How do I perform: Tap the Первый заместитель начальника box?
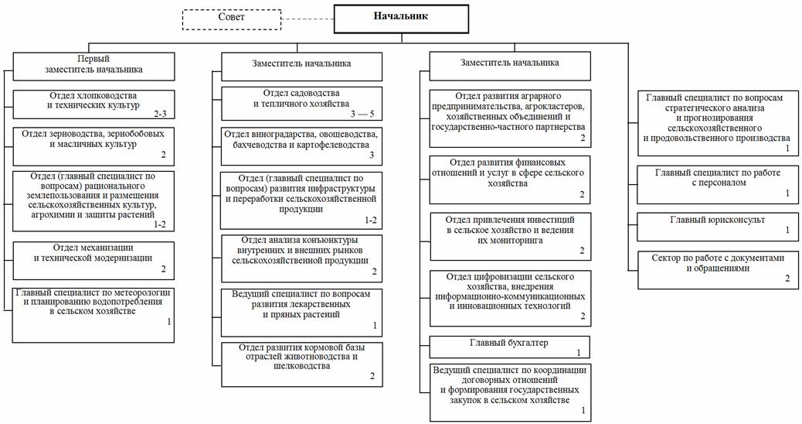coord(93,64)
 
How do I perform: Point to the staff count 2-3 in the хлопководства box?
coord(160,114)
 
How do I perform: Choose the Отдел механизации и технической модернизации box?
coord(93,258)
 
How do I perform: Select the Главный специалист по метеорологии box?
coord(93,313)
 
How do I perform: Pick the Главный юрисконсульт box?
coord(718,225)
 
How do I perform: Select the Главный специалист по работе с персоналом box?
coord(718,183)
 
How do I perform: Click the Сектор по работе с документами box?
coord(718,268)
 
